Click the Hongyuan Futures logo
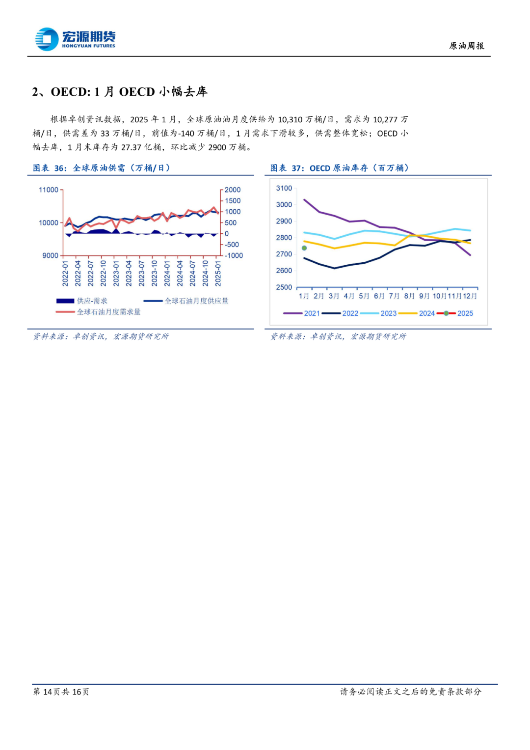click(75, 39)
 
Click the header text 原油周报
click(466, 46)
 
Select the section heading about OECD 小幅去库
click(120, 92)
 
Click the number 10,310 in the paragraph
click(290, 119)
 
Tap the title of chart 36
click(102, 168)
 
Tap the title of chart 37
click(339, 168)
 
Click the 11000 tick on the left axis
click(49, 190)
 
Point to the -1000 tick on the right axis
click(234, 255)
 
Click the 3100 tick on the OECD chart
click(284, 188)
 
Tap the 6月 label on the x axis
click(379, 296)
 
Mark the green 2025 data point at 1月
click(304, 248)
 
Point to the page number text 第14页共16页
click(61, 692)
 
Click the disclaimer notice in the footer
click(411, 692)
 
